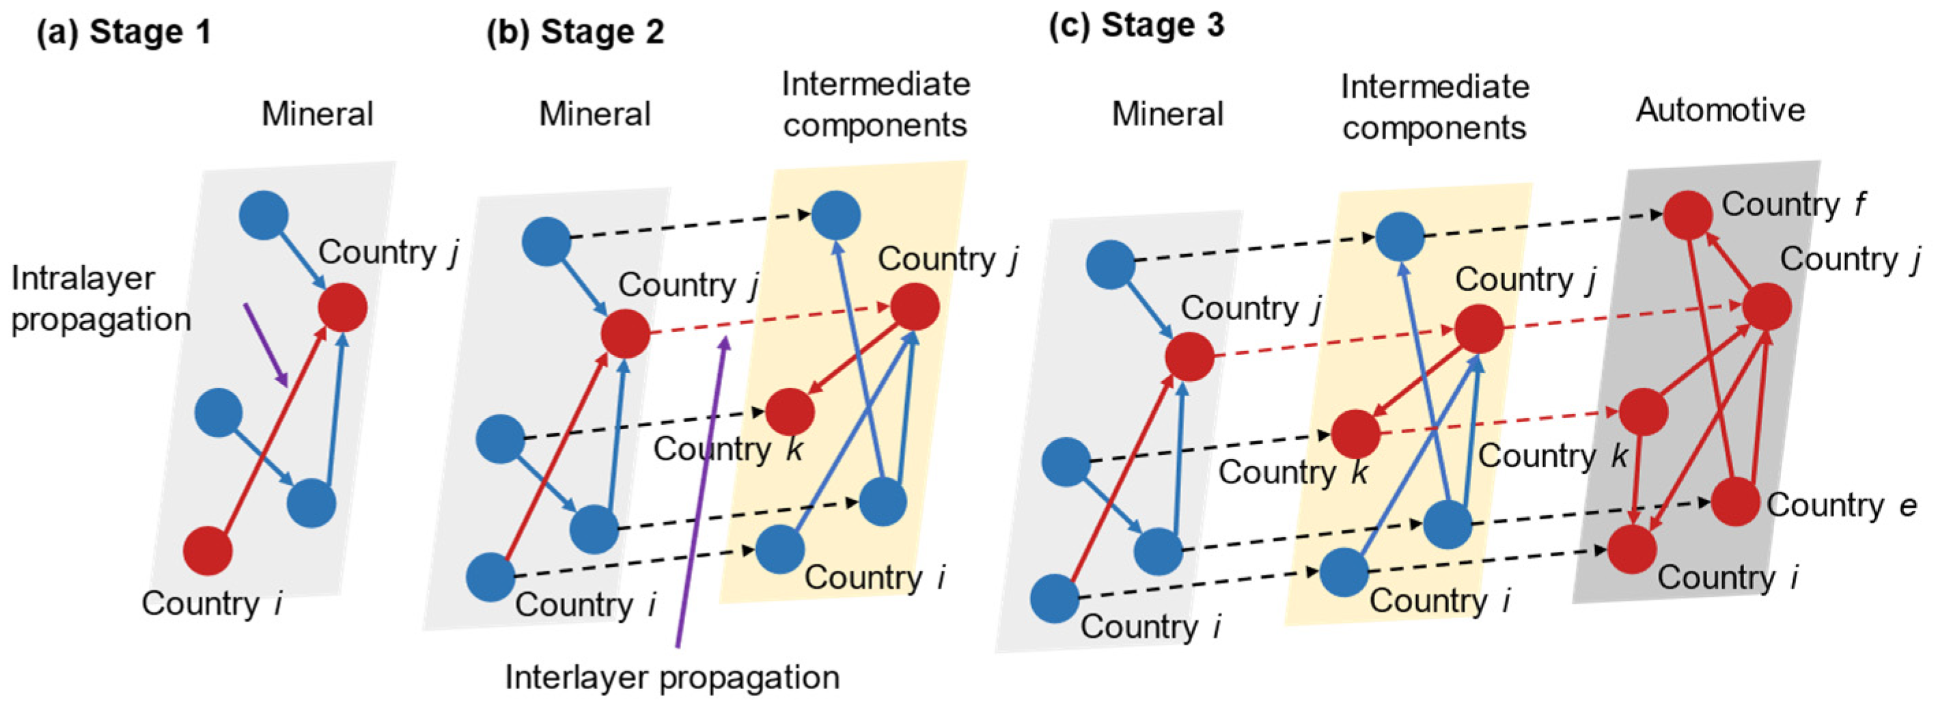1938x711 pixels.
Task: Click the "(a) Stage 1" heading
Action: [x=124, y=33]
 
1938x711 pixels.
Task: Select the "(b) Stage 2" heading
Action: [x=576, y=33]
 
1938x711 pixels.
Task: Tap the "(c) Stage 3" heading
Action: [x=1136, y=27]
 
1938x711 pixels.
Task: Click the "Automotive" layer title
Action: [x=1721, y=111]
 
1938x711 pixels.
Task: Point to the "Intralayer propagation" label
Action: [x=100, y=298]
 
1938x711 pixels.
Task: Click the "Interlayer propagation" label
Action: [x=672, y=677]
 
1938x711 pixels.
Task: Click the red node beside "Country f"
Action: [x=1687, y=215]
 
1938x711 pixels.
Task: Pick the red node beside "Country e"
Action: [x=1736, y=501]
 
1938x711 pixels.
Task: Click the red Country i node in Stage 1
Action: [x=208, y=550]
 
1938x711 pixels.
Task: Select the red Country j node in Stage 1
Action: [x=342, y=307]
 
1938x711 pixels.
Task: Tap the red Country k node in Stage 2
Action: [x=790, y=413]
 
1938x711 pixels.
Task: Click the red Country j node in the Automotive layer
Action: [x=1767, y=306]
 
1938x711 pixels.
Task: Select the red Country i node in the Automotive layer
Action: [x=1632, y=549]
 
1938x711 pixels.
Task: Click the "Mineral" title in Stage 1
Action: [x=317, y=114]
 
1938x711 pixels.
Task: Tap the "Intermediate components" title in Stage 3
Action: [x=1434, y=108]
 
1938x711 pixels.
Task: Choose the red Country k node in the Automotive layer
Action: [x=1643, y=413]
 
